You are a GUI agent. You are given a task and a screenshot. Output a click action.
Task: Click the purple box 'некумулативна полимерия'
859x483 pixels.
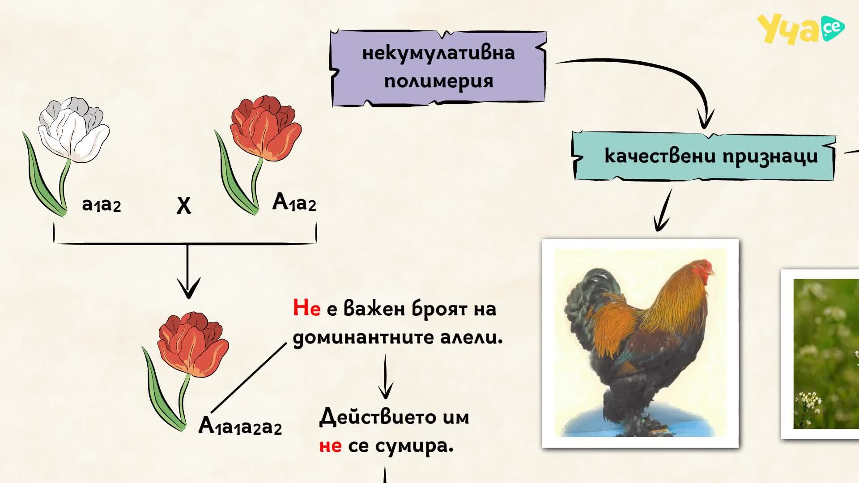(438, 68)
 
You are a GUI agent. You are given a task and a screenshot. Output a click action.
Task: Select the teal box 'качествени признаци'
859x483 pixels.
(705, 156)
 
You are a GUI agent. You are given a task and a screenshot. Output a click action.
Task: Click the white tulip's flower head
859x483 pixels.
(74, 129)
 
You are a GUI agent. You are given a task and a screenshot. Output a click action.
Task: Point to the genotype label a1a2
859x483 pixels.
(102, 205)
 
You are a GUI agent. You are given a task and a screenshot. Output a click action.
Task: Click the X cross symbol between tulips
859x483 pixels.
(184, 206)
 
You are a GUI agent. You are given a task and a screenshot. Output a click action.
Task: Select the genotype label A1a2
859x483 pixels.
(294, 202)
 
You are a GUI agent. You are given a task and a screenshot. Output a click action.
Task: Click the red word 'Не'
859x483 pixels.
(306, 308)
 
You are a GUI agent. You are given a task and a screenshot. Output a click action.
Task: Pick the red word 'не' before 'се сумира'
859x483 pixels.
(331, 446)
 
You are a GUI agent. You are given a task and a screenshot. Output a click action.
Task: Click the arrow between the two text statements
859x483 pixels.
(385, 377)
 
